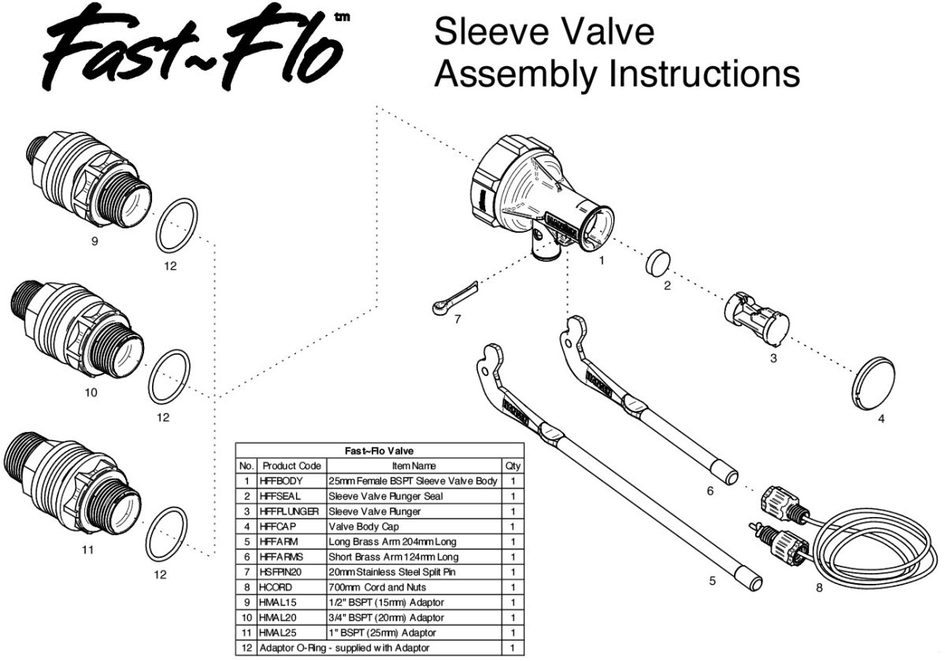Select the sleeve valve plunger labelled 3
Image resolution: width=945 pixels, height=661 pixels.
tap(756, 316)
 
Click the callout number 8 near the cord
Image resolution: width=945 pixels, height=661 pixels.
tap(819, 587)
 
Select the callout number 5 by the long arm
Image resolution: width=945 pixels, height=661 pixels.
tap(713, 582)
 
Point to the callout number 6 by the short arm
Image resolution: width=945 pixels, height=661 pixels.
tap(710, 490)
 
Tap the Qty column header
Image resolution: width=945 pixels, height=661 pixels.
tap(513, 466)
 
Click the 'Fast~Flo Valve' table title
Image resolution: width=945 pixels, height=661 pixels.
tap(380, 451)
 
